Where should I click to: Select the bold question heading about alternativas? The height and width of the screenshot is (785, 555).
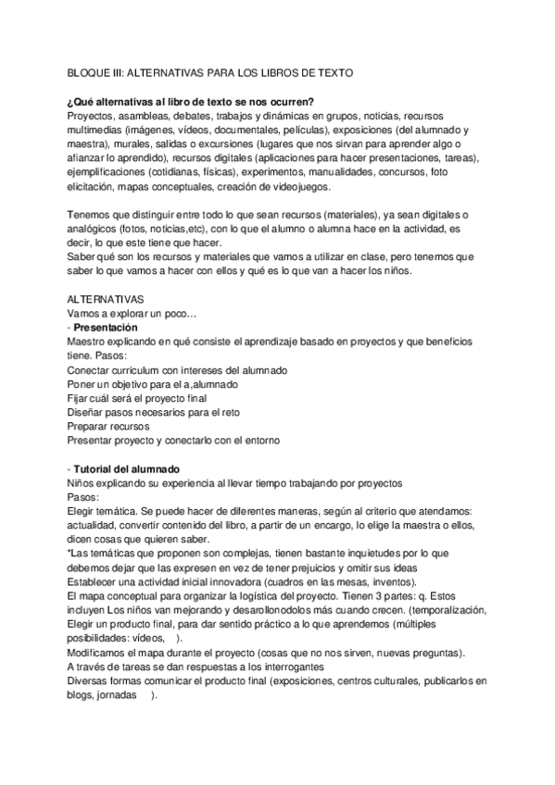[190, 101]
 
